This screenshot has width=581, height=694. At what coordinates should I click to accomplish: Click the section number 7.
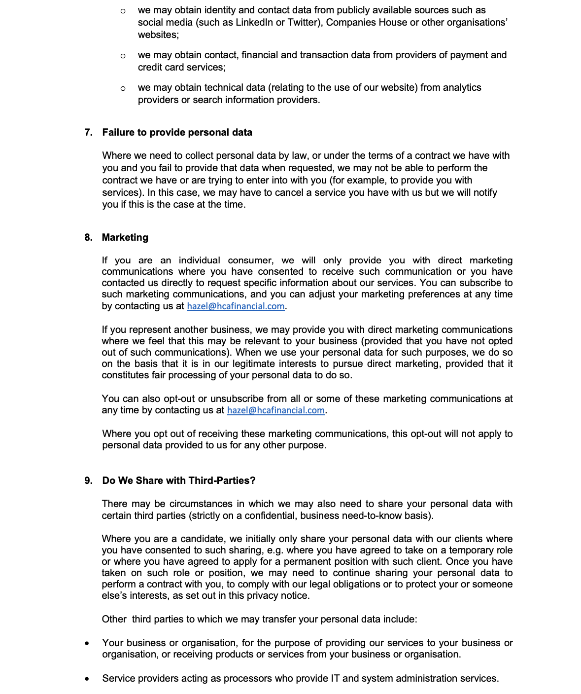(88, 132)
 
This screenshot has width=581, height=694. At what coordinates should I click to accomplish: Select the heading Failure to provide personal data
(177, 132)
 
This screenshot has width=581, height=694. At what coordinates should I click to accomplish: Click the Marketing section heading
(125, 237)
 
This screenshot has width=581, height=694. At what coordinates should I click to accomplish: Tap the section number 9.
(88, 480)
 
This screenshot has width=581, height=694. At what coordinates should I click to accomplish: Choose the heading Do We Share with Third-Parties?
(179, 480)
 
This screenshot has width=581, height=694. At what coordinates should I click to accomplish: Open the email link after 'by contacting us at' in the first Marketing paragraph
(236, 306)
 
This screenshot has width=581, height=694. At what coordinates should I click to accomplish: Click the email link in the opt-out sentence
(276, 410)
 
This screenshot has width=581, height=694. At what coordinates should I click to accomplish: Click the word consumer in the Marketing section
(250, 260)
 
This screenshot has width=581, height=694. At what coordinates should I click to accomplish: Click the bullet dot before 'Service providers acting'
(87, 679)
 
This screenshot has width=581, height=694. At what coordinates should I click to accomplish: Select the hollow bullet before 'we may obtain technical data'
(123, 88)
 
